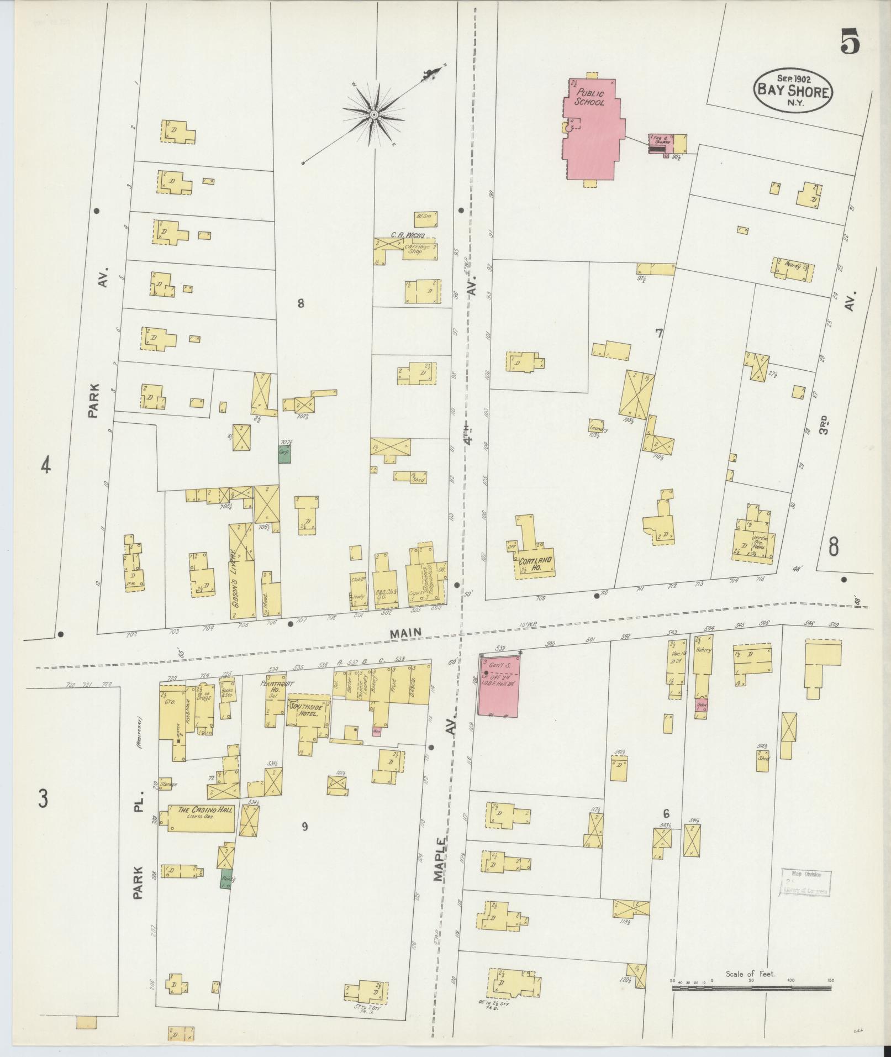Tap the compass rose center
(374, 114)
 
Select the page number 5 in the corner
(850, 43)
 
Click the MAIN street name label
(406, 633)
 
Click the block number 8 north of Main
(300, 303)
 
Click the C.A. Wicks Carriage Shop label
(408, 242)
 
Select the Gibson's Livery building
(242, 572)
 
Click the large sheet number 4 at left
(46, 466)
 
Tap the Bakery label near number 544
(703, 650)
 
